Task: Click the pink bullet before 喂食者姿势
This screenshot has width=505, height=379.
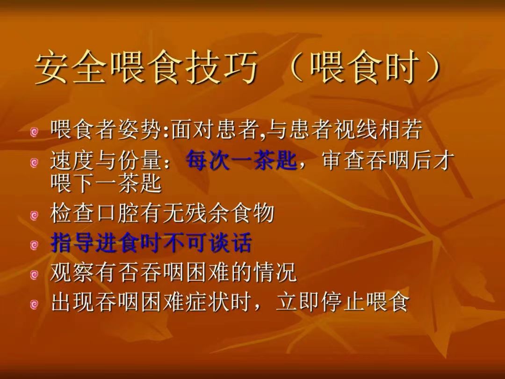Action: (34, 132)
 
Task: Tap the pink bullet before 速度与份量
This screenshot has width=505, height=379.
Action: (34, 163)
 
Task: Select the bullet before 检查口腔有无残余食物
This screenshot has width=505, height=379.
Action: (34, 215)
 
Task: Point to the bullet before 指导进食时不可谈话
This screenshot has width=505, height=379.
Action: (34, 246)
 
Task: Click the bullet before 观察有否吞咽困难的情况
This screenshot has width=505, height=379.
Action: (34, 275)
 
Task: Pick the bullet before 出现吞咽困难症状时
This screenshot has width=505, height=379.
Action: (34, 304)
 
